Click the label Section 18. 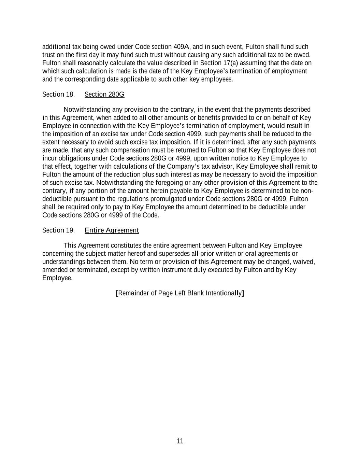click(x=58, y=95)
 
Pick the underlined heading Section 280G click(x=104, y=95)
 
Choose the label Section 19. click(x=58, y=230)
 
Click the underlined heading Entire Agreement click(x=112, y=230)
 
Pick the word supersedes click(x=174, y=254)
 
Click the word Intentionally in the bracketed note click(x=224, y=293)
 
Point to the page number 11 click(x=180, y=441)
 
